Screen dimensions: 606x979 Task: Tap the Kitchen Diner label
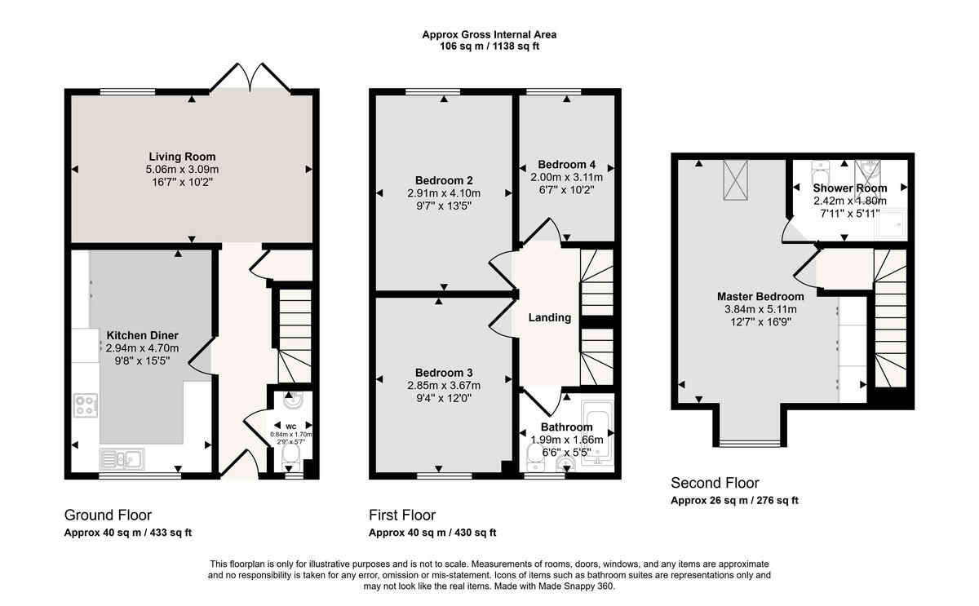click(142, 335)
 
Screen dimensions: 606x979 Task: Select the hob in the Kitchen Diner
click(86, 405)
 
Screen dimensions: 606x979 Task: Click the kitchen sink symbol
click(121, 458)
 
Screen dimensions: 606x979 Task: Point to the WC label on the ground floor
click(291, 426)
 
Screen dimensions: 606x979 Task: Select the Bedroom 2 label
click(444, 180)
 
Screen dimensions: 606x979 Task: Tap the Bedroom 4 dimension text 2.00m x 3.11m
click(567, 177)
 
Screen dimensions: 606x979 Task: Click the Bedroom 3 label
click(444, 373)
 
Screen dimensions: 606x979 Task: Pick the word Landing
click(549, 317)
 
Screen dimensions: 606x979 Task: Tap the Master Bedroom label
click(760, 296)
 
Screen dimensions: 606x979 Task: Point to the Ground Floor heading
click(108, 515)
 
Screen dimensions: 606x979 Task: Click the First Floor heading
click(402, 515)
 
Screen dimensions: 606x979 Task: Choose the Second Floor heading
click(715, 483)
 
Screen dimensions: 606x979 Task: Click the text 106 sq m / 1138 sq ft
click(489, 46)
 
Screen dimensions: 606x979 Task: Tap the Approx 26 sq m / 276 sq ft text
click(734, 501)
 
